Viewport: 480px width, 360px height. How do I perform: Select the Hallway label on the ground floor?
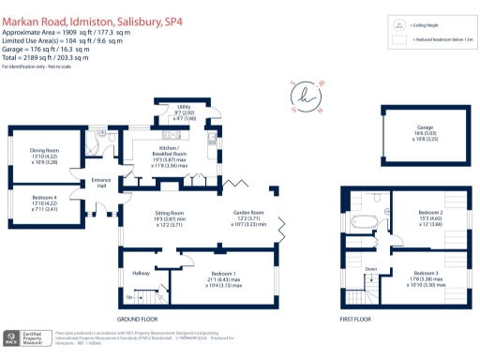pyautogui.click(x=141, y=273)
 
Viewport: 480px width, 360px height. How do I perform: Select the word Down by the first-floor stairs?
pyautogui.click(x=370, y=268)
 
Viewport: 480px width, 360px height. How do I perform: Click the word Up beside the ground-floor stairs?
pyautogui.click(x=128, y=297)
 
